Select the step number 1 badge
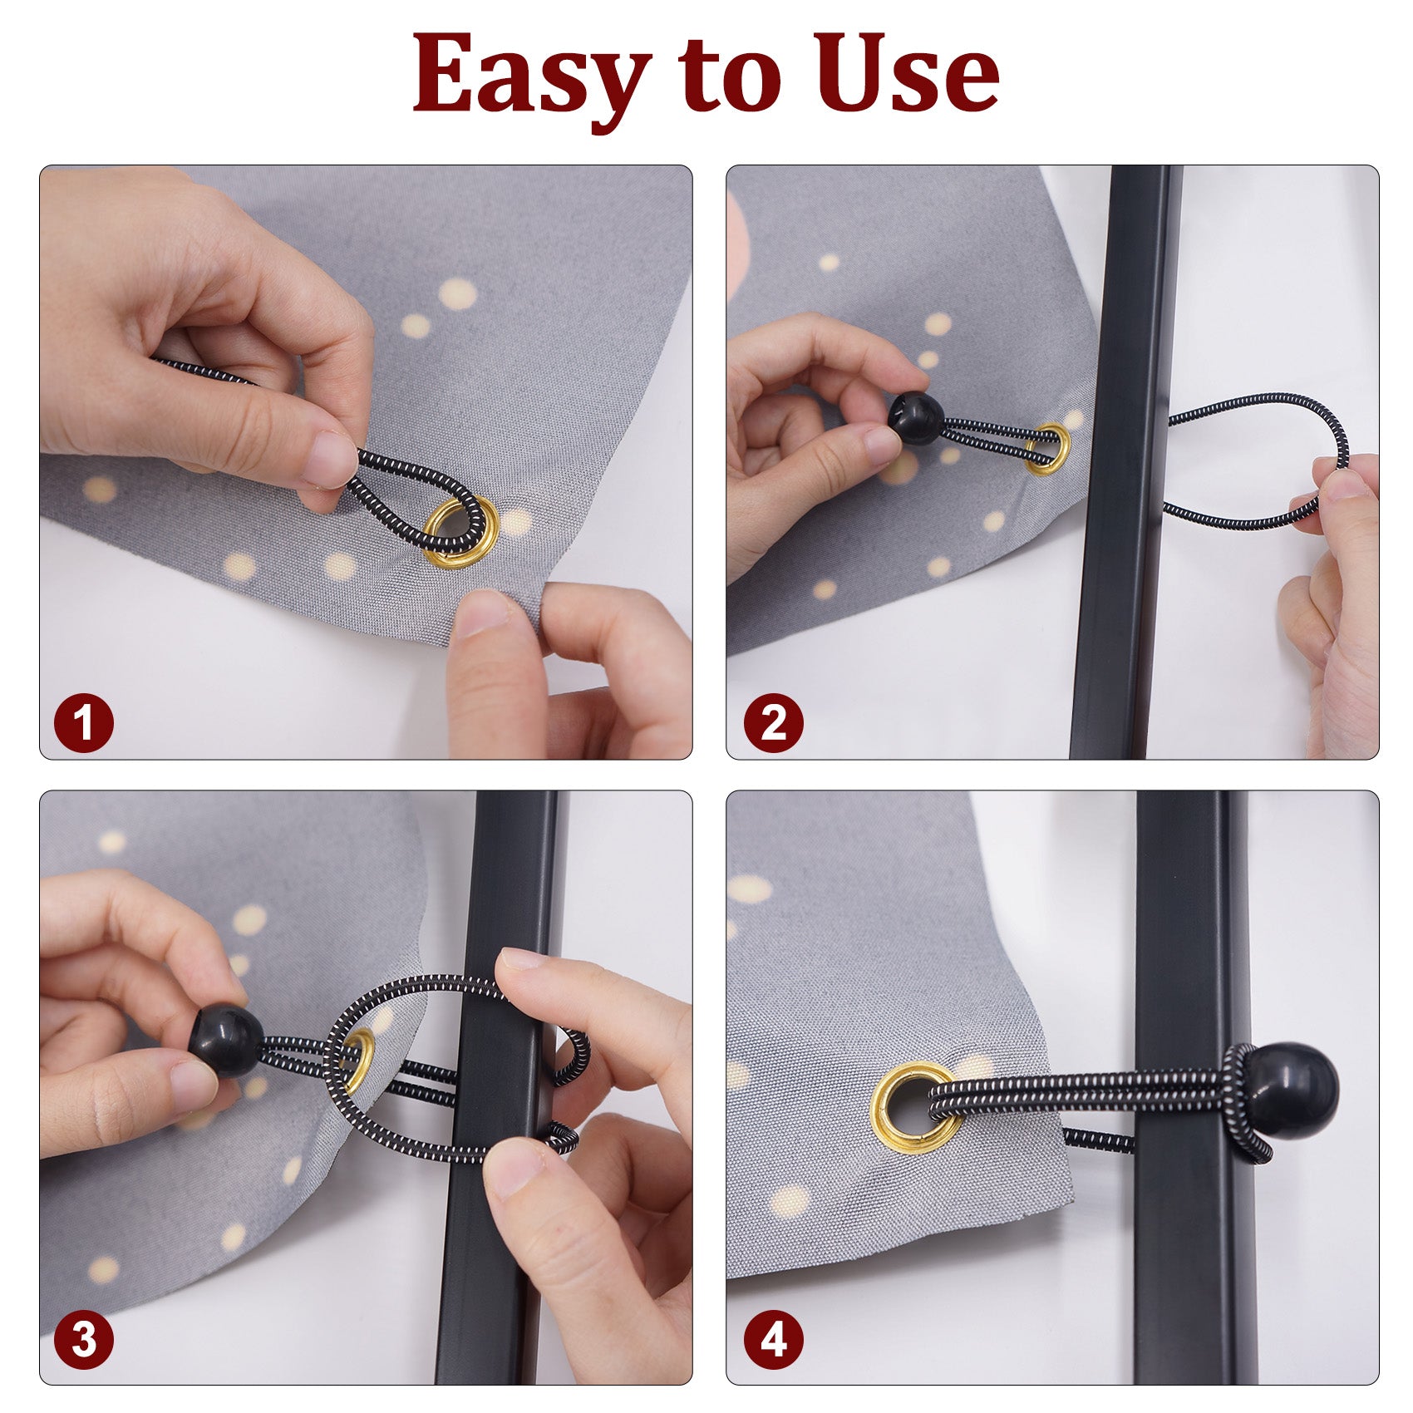(x=84, y=723)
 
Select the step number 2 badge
(x=773, y=723)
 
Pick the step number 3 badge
(x=84, y=1339)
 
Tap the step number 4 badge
(x=773, y=1339)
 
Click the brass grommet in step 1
(x=461, y=533)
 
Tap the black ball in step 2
(x=916, y=419)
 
